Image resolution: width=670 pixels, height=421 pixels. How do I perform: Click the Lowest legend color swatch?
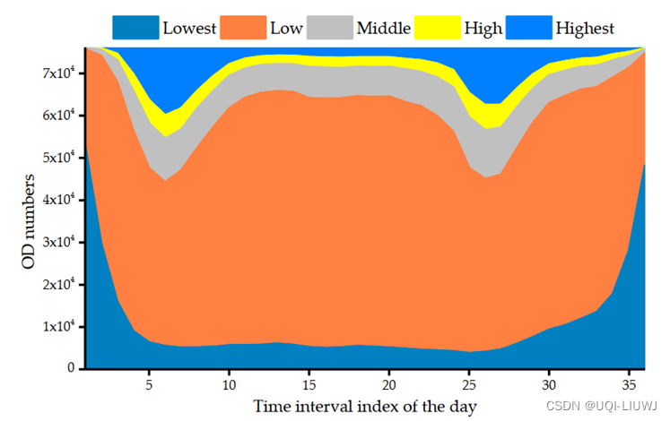tap(135, 27)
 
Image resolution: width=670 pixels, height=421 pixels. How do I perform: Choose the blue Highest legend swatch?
tap(528, 27)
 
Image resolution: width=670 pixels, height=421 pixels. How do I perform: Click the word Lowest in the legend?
tap(189, 28)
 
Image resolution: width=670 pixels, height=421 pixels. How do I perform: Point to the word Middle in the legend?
tap(384, 28)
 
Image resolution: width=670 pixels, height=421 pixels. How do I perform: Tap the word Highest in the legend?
tap(585, 28)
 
